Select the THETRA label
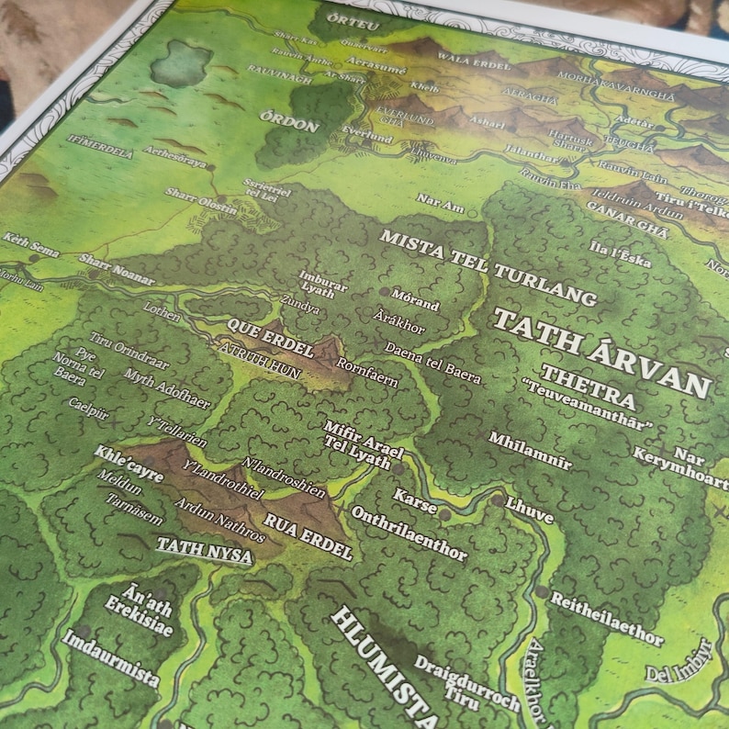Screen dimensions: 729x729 (588, 387)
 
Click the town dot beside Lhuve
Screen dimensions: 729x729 (497, 501)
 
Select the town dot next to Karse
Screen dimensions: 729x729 (445, 515)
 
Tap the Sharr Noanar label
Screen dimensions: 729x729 (117, 266)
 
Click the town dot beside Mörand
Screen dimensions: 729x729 (384, 292)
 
